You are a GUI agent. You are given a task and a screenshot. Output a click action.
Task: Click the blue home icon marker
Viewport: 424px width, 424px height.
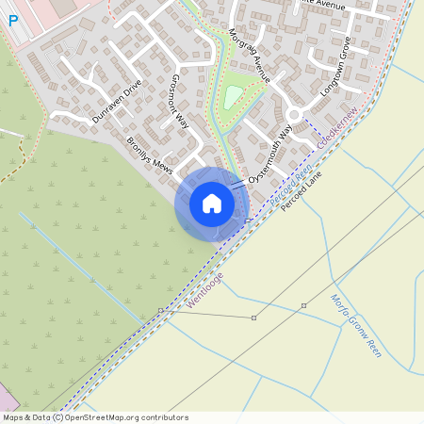pyautogui.click(x=212, y=204)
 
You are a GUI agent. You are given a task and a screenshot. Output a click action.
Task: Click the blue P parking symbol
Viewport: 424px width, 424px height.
pyautogui.click(x=13, y=19)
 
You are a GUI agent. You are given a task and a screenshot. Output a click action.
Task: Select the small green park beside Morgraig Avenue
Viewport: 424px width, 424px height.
pyautogui.click(x=233, y=95)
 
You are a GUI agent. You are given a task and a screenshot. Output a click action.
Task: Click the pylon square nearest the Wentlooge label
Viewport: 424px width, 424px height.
pyautogui.click(x=160, y=309)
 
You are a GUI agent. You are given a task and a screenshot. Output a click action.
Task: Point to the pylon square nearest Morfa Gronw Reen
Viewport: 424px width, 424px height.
pyautogui.click(x=303, y=305)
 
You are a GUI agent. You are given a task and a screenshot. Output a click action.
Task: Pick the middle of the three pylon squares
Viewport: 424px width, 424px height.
pyautogui.click(x=253, y=318)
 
